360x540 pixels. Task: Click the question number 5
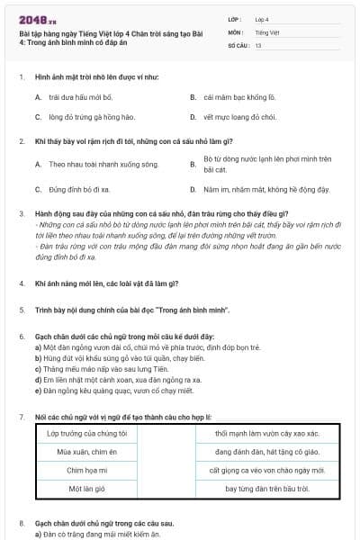pyautogui.click(x=21, y=310)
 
